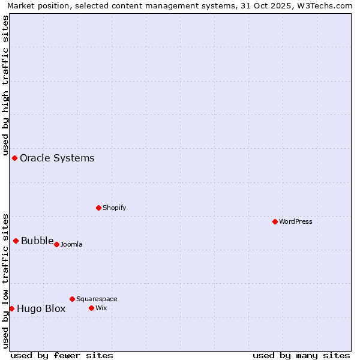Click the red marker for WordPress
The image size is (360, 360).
(x=275, y=221)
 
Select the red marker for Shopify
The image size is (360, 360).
(x=98, y=208)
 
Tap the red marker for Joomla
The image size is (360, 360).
(x=56, y=244)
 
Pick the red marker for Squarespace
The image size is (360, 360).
(x=72, y=299)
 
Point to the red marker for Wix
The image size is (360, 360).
(x=91, y=308)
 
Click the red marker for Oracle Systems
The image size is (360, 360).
(x=14, y=158)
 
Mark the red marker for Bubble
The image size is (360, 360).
(x=16, y=241)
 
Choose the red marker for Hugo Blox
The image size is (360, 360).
(x=11, y=308)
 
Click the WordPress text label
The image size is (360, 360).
(x=296, y=221)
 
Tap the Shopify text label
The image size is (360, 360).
(x=114, y=208)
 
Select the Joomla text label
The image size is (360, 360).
(x=71, y=244)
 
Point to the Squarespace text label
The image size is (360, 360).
(x=97, y=299)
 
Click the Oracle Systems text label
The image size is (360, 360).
(x=57, y=158)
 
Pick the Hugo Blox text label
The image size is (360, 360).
(x=41, y=309)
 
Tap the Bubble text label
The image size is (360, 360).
(x=37, y=241)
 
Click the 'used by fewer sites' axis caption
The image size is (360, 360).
(x=62, y=355)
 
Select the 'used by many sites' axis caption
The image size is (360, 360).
(x=301, y=355)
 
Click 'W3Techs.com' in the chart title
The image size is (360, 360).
(x=326, y=6)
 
